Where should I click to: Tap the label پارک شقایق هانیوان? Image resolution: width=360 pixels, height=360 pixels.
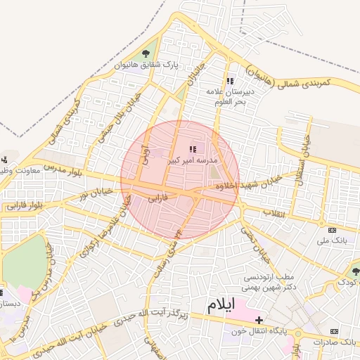coord(147,66)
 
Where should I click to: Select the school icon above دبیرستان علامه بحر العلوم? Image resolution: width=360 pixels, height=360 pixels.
coord(230,81)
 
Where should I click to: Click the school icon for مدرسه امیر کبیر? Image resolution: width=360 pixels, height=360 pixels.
coord(193,149)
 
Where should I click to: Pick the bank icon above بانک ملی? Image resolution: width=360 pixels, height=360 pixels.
coord(332,230)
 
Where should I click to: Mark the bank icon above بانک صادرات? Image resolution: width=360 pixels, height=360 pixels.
coord(334,331)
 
